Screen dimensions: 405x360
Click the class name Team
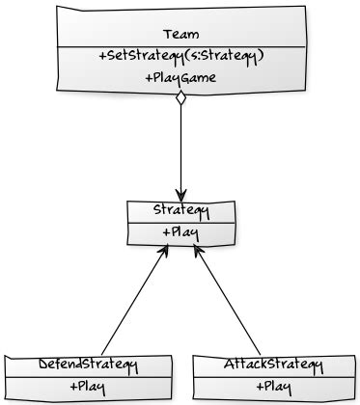tap(180, 35)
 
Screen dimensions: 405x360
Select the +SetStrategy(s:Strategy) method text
tap(180, 56)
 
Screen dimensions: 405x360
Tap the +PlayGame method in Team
tap(180, 77)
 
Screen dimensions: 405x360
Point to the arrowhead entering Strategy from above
tap(180, 192)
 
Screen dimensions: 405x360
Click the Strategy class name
tap(180, 210)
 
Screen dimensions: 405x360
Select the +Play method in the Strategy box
tap(180, 232)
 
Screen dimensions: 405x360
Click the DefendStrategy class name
tap(89, 364)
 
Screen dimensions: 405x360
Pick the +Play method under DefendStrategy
tap(89, 387)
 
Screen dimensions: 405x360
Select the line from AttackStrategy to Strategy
tap(228, 302)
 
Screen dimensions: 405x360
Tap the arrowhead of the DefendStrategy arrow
tap(165, 252)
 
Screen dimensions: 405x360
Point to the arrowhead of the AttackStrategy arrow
tap(198, 252)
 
